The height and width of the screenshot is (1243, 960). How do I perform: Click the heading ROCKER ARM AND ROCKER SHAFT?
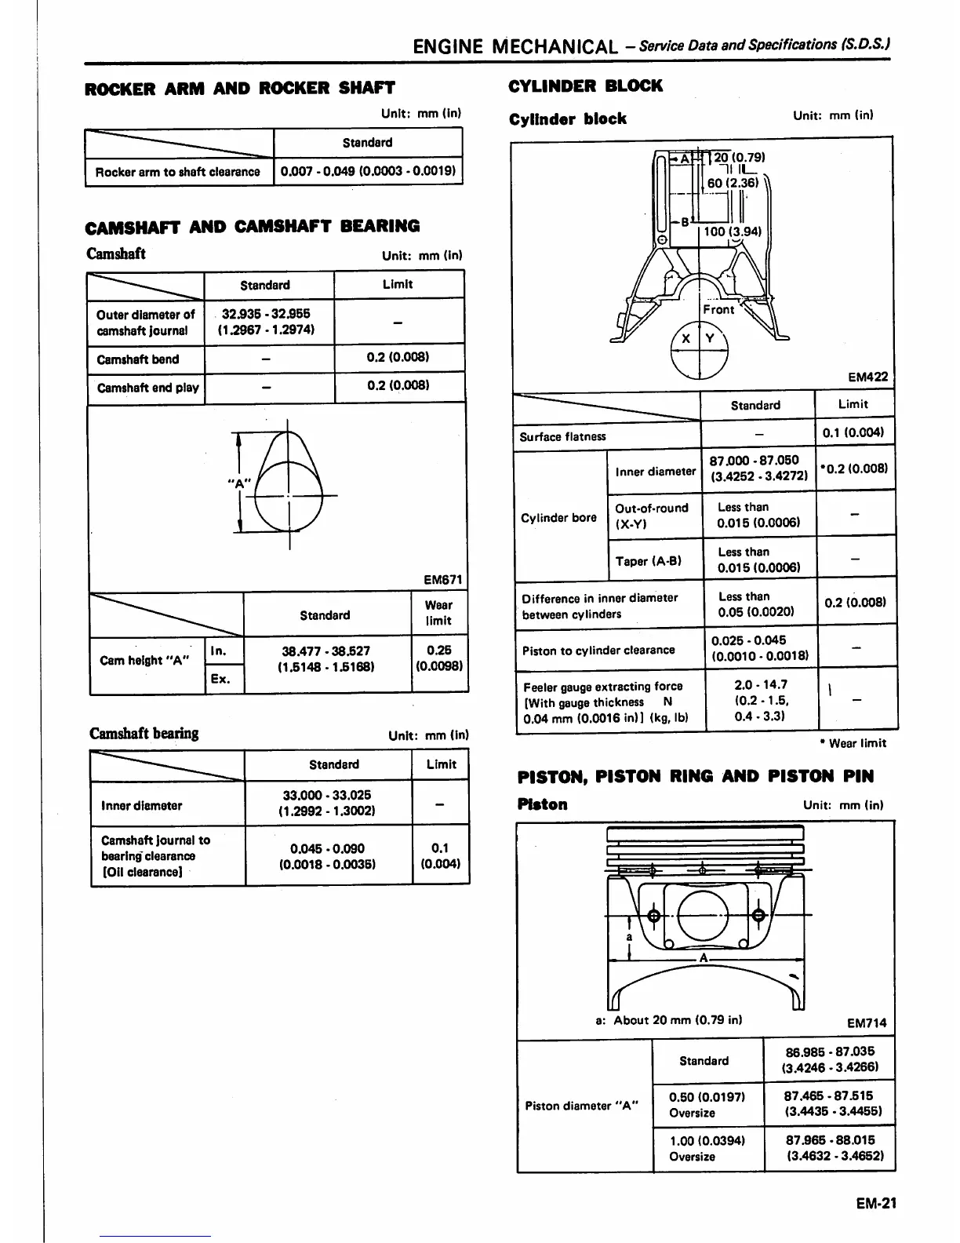click(239, 88)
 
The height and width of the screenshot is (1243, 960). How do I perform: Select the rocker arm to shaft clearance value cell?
click(368, 171)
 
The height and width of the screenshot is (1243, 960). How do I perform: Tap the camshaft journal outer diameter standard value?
click(267, 321)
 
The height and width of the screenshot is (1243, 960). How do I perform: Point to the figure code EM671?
click(443, 580)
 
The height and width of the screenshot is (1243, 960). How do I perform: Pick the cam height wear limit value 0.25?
click(439, 658)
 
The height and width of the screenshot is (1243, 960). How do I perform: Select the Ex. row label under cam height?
click(220, 679)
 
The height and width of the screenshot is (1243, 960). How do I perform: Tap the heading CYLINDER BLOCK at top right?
click(585, 86)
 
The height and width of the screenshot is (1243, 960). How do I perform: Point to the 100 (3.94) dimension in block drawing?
click(732, 231)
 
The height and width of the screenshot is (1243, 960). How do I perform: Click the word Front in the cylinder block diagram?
click(718, 309)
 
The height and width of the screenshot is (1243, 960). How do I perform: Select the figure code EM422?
click(867, 377)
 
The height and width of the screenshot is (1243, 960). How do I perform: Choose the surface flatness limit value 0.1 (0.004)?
click(853, 432)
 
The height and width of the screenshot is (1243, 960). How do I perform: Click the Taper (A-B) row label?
click(648, 560)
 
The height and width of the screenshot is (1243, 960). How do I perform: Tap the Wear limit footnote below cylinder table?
click(853, 743)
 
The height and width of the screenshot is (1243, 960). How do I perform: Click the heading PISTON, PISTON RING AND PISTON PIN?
click(696, 776)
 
